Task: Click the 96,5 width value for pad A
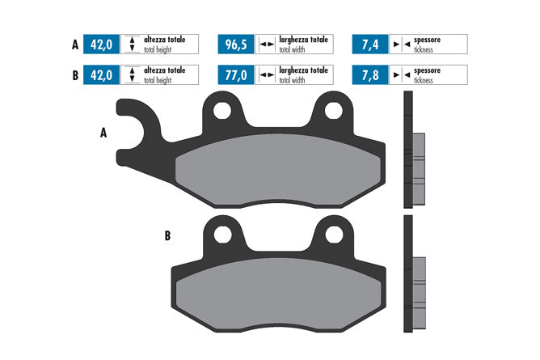236,44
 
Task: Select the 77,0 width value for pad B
236,75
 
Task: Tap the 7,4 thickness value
370,44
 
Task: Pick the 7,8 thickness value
370,75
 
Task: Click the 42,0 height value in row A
101,44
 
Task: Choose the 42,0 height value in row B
101,75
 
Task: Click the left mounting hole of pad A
222,111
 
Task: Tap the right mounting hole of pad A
334,111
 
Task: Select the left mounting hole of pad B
222,235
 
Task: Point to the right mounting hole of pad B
334,235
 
